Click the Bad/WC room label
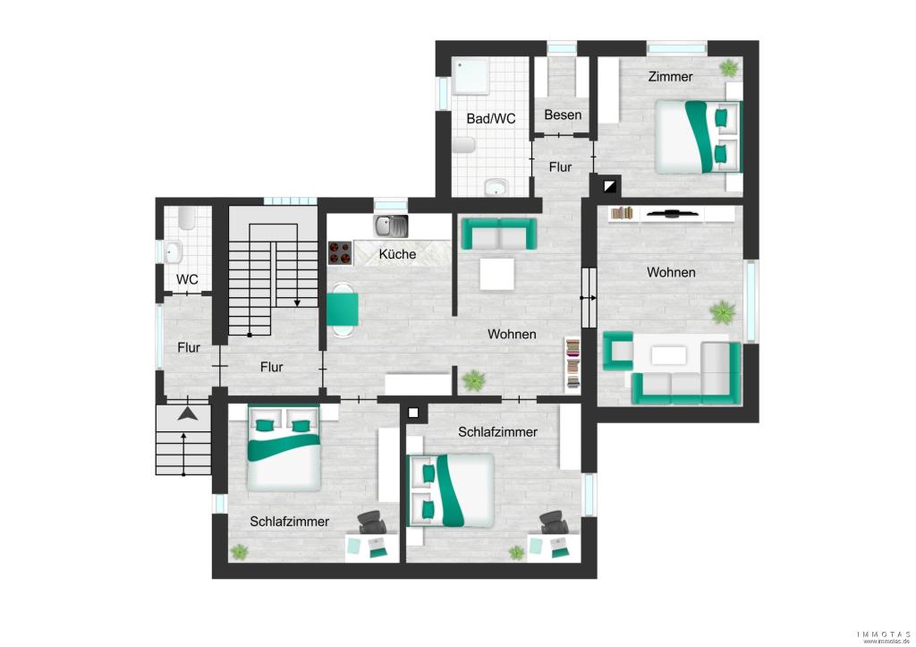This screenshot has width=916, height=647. pos(491,119)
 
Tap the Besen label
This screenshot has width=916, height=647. pos(563,115)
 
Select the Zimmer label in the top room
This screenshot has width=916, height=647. pos(670,77)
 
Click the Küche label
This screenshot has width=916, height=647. pos(397,254)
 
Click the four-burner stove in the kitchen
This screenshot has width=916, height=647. pos(340,253)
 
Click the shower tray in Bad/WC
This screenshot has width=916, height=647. pos(471,76)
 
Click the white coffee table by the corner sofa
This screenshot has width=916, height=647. pos(669,355)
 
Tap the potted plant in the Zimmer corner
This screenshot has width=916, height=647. pos(730,67)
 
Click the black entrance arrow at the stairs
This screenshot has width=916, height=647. pos(188,413)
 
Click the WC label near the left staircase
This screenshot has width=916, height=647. pos(187,279)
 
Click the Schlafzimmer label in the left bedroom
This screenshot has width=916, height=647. pos(290,522)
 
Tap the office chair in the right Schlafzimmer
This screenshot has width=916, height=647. pos(552,522)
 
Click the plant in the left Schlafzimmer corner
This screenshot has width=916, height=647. pos(239,552)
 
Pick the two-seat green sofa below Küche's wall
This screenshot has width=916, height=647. pos(498,234)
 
